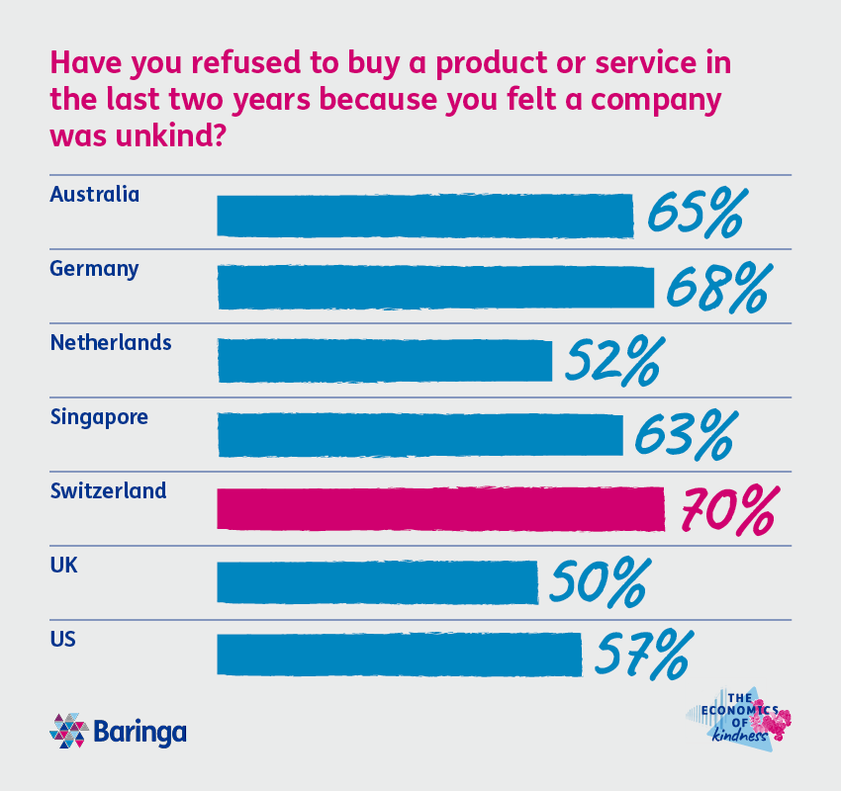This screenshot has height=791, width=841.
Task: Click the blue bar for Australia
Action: tap(424, 216)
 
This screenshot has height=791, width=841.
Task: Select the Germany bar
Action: tap(435, 288)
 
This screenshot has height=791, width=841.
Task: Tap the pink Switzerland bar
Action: tap(440, 508)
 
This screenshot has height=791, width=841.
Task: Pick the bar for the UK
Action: tap(377, 582)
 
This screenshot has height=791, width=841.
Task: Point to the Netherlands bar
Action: tap(384, 361)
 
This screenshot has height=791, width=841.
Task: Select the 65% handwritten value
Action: tap(693, 215)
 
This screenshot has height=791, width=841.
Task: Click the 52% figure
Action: tap(611, 363)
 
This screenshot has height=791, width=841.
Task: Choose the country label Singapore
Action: tap(99, 416)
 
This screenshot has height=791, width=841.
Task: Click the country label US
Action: tap(63, 638)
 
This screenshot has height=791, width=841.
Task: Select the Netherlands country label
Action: tap(111, 343)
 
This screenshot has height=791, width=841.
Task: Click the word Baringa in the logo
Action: tap(140, 733)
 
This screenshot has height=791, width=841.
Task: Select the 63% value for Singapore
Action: tap(683, 436)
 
